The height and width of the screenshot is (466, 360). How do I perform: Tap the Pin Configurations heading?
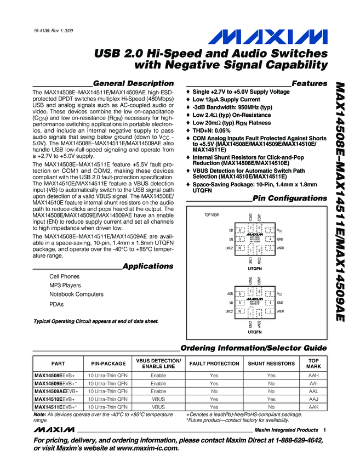click(x=290, y=198)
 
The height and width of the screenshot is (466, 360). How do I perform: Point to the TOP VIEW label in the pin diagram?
click(x=212, y=214)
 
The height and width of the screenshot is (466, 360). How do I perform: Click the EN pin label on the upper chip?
click(x=231, y=240)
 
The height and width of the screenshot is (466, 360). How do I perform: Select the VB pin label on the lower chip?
click(x=231, y=303)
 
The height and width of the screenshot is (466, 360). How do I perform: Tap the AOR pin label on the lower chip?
click(x=230, y=294)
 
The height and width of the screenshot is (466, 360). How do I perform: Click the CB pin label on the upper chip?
click(x=231, y=231)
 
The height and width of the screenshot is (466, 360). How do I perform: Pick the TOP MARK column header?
click(x=313, y=363)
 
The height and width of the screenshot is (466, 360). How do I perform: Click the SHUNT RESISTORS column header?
click(x=271, y=363)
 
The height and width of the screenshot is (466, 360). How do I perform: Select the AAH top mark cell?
click(x=313, y=376)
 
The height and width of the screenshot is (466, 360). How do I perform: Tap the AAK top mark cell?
click(x=313, y=407)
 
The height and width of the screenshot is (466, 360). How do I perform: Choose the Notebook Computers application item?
click(x=76, y=294)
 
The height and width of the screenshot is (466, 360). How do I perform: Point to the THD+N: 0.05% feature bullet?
click(x=219, y=130)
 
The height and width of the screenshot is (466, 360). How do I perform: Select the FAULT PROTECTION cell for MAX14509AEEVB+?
click(x=214, y=391)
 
